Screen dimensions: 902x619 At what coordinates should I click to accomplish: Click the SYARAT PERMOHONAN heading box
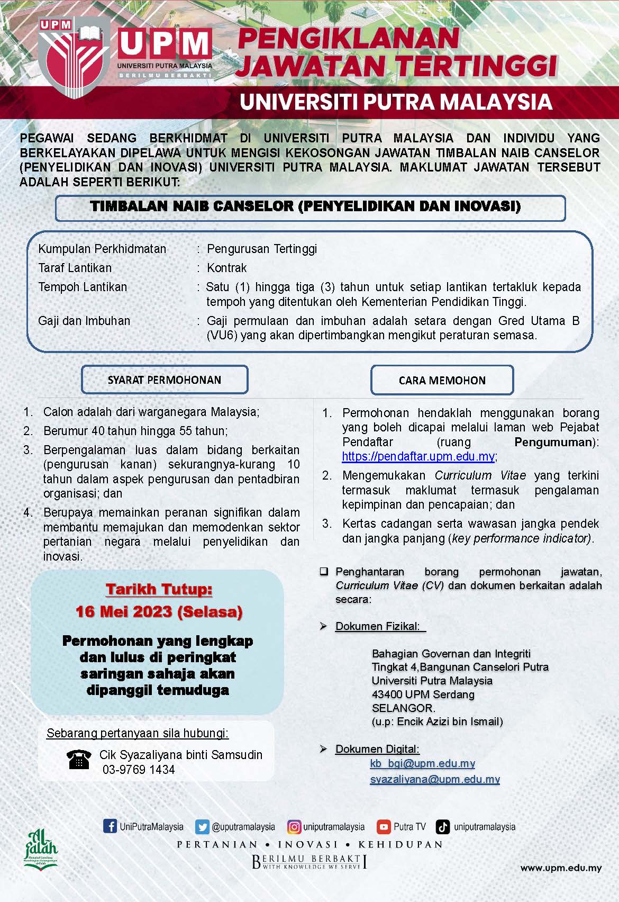pos(165,380)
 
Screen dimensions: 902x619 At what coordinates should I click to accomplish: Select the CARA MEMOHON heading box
pos(442,380)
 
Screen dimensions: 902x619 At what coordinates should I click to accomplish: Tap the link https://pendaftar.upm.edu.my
pos(418,456)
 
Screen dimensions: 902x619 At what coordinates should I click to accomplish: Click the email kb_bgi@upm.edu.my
pos(422,763)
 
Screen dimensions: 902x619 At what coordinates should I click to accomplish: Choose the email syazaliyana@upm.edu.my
pos(435,779)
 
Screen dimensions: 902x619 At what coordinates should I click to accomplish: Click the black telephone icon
pos(79,760)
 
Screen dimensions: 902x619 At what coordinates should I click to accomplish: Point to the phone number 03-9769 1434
pos(139,770)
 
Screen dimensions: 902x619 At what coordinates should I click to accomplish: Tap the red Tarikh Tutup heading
pos(159,589)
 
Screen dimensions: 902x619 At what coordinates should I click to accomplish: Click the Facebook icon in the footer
pos(110,826)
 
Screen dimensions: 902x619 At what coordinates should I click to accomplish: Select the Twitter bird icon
pos(202,827)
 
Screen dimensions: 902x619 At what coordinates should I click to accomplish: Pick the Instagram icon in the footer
pos(294,827)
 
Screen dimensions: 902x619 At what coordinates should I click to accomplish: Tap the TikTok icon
pos(443,827)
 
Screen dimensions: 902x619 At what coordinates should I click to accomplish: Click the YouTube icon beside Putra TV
pos(384,827)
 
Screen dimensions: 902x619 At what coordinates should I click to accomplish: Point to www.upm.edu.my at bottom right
pos(561,868)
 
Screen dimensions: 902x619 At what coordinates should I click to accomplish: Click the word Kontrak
pos(227,268)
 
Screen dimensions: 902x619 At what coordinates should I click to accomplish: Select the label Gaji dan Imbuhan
pos(84,321)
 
